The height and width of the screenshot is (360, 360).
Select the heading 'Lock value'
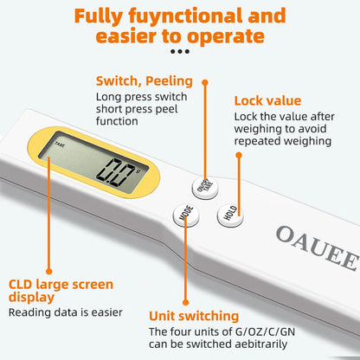pos(267,100)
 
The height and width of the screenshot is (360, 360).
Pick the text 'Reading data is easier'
pos(65,312)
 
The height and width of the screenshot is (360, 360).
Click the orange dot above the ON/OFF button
pos(206,83)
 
